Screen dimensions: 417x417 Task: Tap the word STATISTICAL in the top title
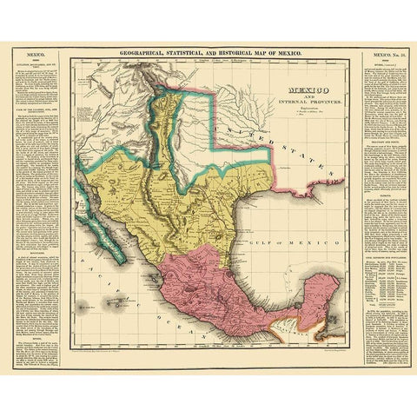click(x=186, y=55)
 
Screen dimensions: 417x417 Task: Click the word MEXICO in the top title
click(x=285, y=55)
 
